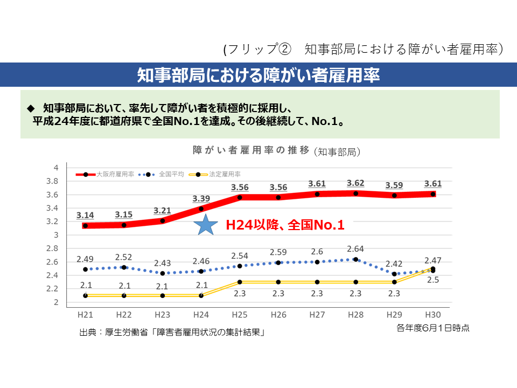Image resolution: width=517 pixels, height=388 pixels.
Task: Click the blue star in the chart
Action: click(204, 225)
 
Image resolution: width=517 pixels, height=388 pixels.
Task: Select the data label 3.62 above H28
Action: click(355, 183)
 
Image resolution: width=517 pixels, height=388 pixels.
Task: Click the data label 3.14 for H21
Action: click(85, 215)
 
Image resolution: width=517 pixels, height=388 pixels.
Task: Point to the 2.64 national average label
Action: click(355, 249)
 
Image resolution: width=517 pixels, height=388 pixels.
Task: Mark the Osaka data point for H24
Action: click(201, 209)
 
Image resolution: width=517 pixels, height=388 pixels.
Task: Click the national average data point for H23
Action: click(163, 273)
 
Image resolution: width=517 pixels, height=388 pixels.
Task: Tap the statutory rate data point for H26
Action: click(279, 282)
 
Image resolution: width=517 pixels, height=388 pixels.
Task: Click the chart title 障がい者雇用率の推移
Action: click(251, 150)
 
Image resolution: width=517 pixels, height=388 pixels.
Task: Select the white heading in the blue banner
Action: click(258, 75)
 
